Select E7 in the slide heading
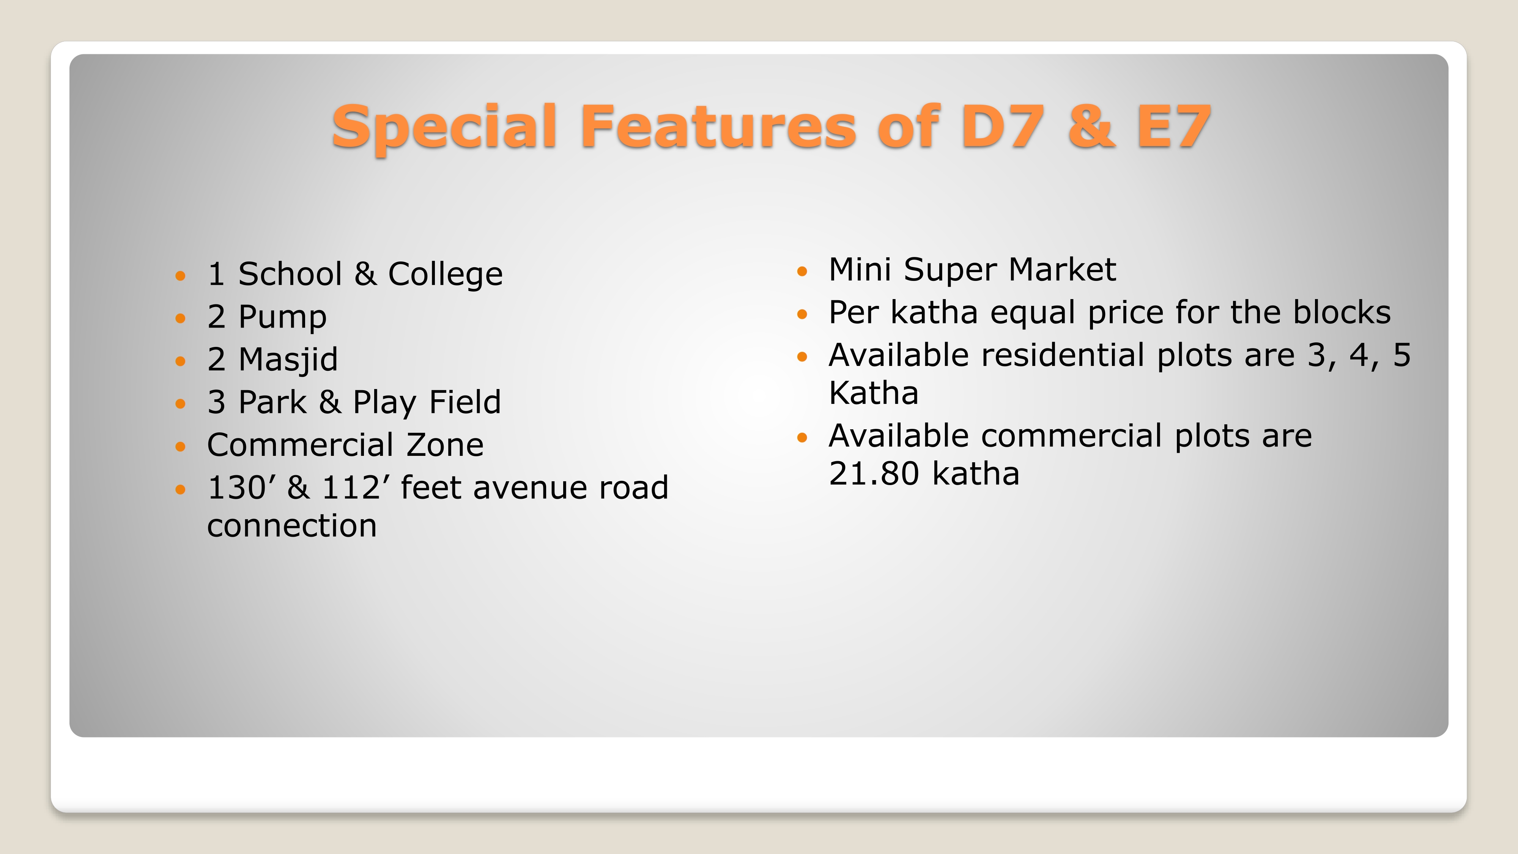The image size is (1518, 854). coord(1173,126)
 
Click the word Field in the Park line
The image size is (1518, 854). coord(465,402)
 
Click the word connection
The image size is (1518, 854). coord(292,526)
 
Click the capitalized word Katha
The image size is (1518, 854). coord(874,393)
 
